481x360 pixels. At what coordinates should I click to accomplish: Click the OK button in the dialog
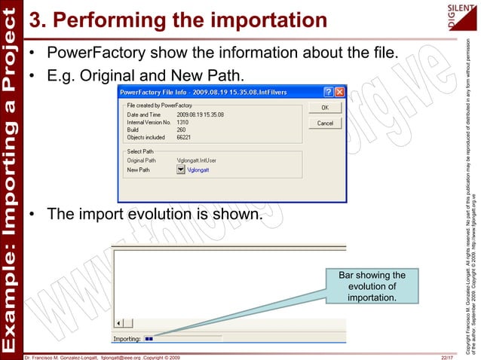point(325,108)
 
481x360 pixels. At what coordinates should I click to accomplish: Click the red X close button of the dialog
point(340,91)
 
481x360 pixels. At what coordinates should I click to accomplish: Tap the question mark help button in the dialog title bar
point(329,91)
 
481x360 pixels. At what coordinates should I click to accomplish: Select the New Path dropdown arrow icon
point(180,170)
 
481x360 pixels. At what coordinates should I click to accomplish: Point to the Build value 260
point(182,130)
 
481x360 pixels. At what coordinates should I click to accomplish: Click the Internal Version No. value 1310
point(183,122)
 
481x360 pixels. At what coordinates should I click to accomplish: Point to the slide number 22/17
point(446,355)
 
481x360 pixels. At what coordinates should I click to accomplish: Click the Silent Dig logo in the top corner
point(462,15)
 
